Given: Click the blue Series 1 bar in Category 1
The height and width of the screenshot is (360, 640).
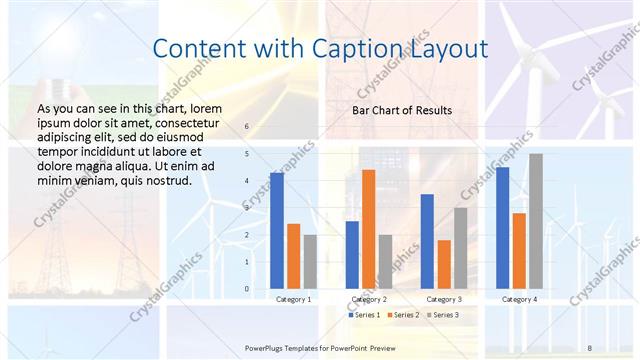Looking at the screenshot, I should (x=277, y=231).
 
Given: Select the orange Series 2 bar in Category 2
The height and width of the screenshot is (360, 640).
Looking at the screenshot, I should (x=368, y=229).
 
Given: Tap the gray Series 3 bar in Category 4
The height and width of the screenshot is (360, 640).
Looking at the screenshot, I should (x=536, y=221).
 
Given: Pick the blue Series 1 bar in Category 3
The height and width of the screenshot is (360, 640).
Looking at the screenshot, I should (x=427, y=241).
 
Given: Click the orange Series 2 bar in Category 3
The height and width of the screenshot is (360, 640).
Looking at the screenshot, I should (x=444, y=264).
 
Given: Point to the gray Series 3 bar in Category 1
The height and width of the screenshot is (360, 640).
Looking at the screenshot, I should (x=310, y=262).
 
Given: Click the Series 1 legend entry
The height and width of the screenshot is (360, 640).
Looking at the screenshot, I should (x=364, y=315).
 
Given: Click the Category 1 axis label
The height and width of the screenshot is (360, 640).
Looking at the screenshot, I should (x=293, y=299).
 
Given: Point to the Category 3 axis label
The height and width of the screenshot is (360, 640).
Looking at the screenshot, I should (x=443, y=299).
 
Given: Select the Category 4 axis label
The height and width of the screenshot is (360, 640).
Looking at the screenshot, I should (x=519, y=299).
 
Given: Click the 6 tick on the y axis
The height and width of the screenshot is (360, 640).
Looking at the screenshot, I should (x=247, y=127).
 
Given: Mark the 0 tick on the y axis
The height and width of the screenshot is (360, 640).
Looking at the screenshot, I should (x=247, y=289).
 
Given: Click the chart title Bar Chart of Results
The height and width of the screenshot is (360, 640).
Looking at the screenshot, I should (x=402, y=110).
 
